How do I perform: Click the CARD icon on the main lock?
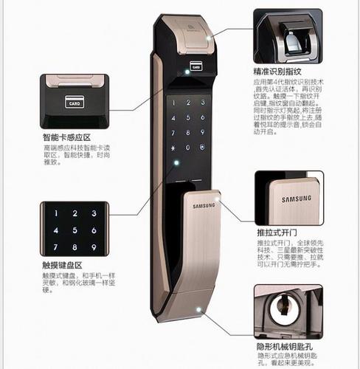195,65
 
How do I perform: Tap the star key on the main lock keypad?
173,148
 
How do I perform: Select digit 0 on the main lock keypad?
187,148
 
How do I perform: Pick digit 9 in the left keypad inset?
94,246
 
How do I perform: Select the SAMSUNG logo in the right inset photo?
297,199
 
